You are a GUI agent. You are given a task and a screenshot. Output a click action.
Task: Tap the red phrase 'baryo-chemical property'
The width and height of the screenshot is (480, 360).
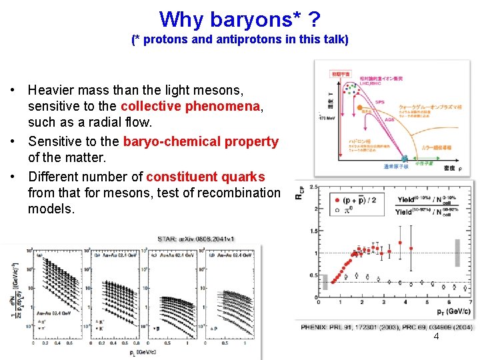(201, 141)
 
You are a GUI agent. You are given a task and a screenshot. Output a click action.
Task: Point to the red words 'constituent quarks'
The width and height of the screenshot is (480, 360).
(205, 177)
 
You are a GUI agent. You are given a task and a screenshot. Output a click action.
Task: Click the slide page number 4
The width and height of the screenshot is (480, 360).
(436, 337)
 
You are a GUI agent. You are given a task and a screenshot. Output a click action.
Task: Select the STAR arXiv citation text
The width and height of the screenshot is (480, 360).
(195, 239)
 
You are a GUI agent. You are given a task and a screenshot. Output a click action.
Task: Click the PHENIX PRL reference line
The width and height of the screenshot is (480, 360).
(387, 327)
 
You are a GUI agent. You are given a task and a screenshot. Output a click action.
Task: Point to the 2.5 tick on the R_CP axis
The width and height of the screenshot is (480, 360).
(313, 187)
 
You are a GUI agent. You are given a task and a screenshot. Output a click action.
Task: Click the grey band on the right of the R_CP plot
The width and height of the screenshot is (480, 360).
(457, 253)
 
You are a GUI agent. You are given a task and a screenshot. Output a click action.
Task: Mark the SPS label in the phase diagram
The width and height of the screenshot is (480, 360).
(380, 101)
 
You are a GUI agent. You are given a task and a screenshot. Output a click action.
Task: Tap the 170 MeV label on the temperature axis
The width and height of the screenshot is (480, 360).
(327, 117)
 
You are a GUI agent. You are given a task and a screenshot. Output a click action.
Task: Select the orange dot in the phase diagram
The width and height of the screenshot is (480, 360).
(358, 106)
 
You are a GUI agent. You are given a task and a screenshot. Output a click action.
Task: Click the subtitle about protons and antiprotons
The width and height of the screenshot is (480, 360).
(239, 39)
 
